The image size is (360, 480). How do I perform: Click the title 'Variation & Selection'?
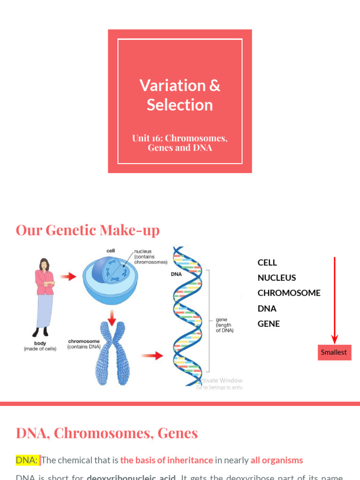click(x=180, y=95)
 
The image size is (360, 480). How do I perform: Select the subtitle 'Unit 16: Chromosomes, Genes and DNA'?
click(x=180, y=143)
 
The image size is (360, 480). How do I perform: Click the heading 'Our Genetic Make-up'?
click(x=88, y=230)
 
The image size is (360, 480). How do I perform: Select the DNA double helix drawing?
click(x=187, y=316)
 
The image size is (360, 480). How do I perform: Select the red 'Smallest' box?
click(x=334, y=352)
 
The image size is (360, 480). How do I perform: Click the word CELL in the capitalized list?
click(x=267, y=262)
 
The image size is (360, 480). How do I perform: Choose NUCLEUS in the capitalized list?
click(x=277, y=278)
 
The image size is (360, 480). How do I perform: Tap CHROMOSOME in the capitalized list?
click(x=289, y=293)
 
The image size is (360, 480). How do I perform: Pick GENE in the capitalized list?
click(x=269, y=324)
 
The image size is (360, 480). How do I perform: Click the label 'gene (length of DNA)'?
click(x=224, y=325)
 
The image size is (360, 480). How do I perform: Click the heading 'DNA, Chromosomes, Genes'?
click(x=107, y=433)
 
